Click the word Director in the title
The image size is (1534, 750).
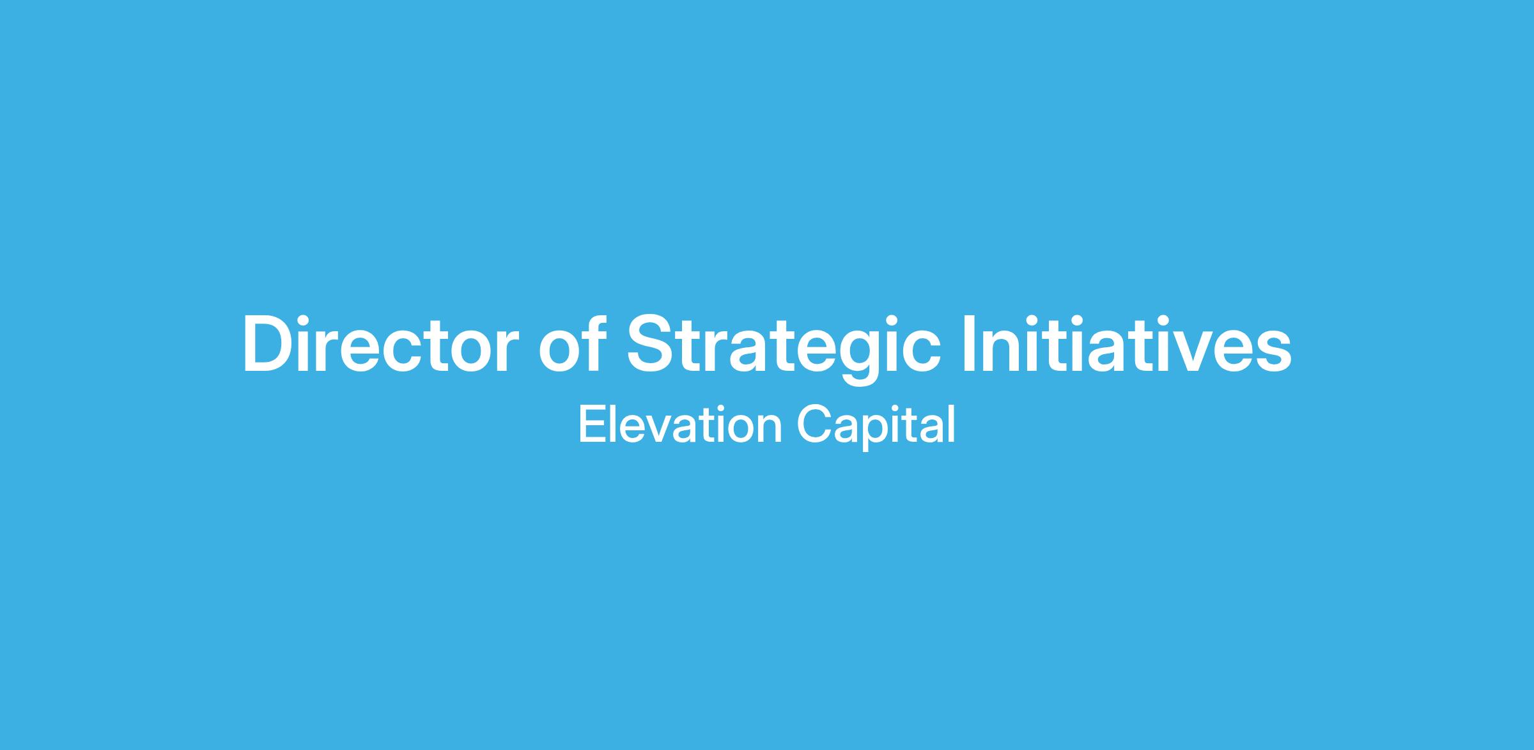(380, 344)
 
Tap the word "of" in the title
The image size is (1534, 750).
(572, 343)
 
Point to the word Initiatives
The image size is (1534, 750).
(1127, 343)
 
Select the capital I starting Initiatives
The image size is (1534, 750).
(970, 344)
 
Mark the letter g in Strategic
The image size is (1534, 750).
(845, 359)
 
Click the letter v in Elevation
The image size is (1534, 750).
(644, 429)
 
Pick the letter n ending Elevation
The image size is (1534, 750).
(770, 428)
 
